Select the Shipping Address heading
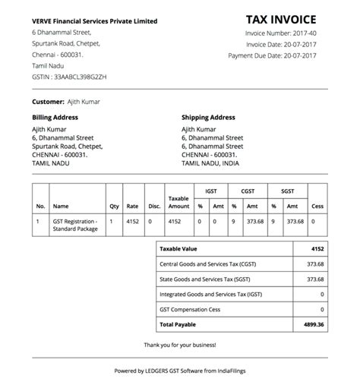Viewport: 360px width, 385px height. click(208, 118)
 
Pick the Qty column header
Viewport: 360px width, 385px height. click(114, 206)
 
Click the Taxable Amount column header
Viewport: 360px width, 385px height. click(178, 202)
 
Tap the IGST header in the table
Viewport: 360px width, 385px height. click(210, 191)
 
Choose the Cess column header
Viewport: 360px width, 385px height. click(317, 206)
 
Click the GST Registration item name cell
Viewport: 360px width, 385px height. click(75, 225)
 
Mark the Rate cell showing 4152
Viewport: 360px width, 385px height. click(133, 221)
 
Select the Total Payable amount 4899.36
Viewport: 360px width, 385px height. click(312, 324)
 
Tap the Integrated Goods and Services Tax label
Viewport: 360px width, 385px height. click(209, 294)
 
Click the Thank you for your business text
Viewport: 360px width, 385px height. click(180, 345)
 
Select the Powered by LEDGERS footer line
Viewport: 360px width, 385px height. click(180, 371)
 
